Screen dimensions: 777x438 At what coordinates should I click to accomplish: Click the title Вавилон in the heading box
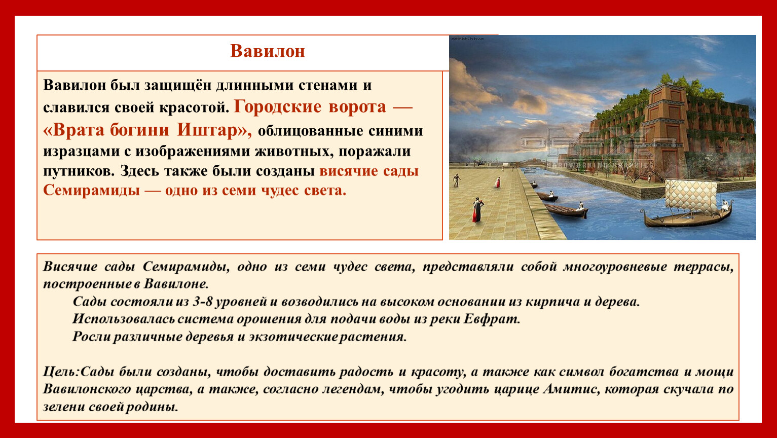coord(268,51)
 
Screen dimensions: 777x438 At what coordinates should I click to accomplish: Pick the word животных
coord(294,151)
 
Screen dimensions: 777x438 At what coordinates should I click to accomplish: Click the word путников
coord(79,171)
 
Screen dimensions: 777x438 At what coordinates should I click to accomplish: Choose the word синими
coord(395,131)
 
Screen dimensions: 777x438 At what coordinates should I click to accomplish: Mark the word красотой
coord(194,108)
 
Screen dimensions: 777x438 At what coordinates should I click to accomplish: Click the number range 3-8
coord(202,301)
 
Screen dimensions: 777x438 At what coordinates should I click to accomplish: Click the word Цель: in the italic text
coord(61,372)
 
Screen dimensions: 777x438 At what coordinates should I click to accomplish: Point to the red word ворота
coord(357,107)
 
